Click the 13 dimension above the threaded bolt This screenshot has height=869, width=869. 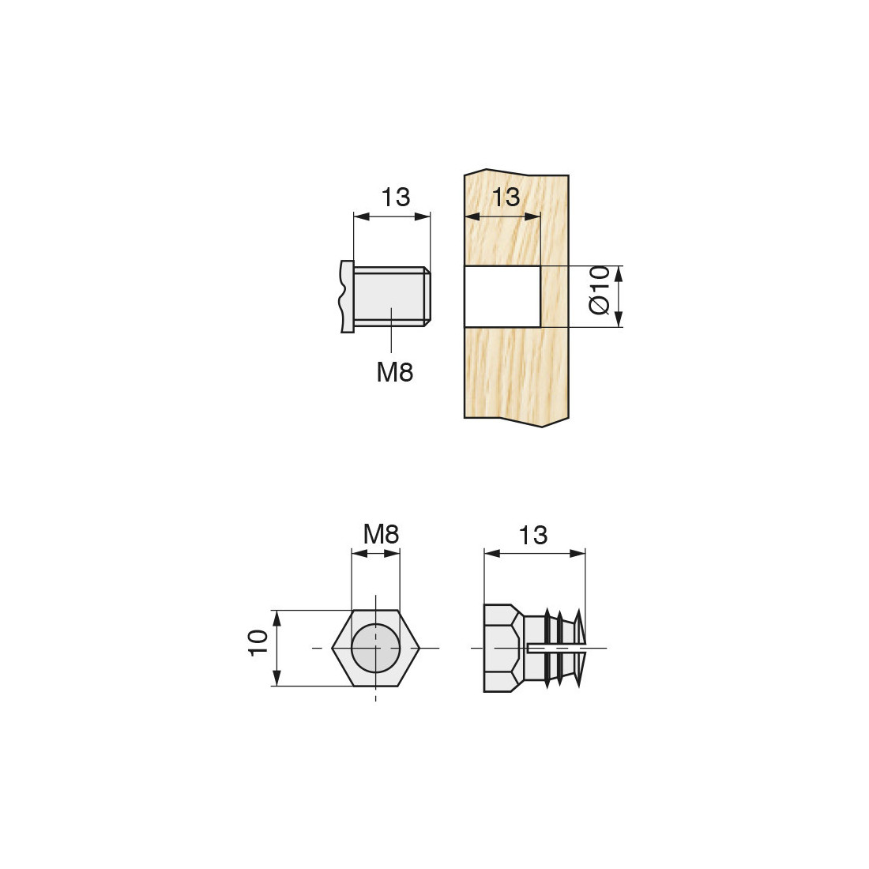coord(396,197)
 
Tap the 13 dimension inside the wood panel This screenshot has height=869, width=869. coord(506,197)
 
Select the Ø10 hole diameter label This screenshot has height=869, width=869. coord(600,290)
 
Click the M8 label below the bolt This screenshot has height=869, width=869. coord(394,372)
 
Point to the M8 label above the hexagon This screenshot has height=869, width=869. coord(381,534)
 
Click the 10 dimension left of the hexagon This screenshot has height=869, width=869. coord(259,643)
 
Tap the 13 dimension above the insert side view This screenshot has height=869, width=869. coord(532,536)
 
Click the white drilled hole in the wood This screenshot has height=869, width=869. coord(502,296)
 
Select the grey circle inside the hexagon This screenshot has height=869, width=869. coord(375,647)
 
